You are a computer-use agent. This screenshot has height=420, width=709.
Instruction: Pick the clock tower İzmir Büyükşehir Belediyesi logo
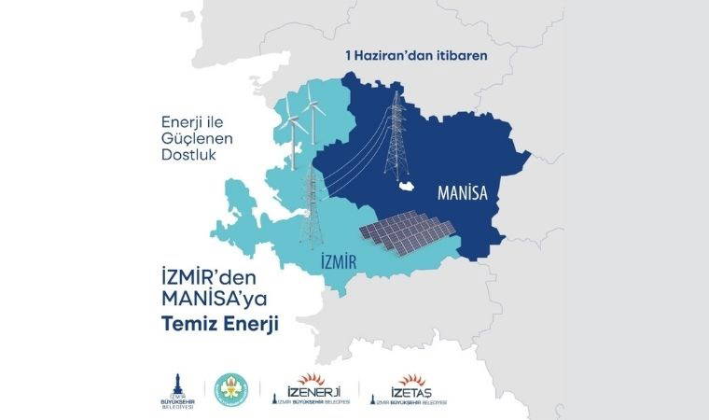tap(173, 387)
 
